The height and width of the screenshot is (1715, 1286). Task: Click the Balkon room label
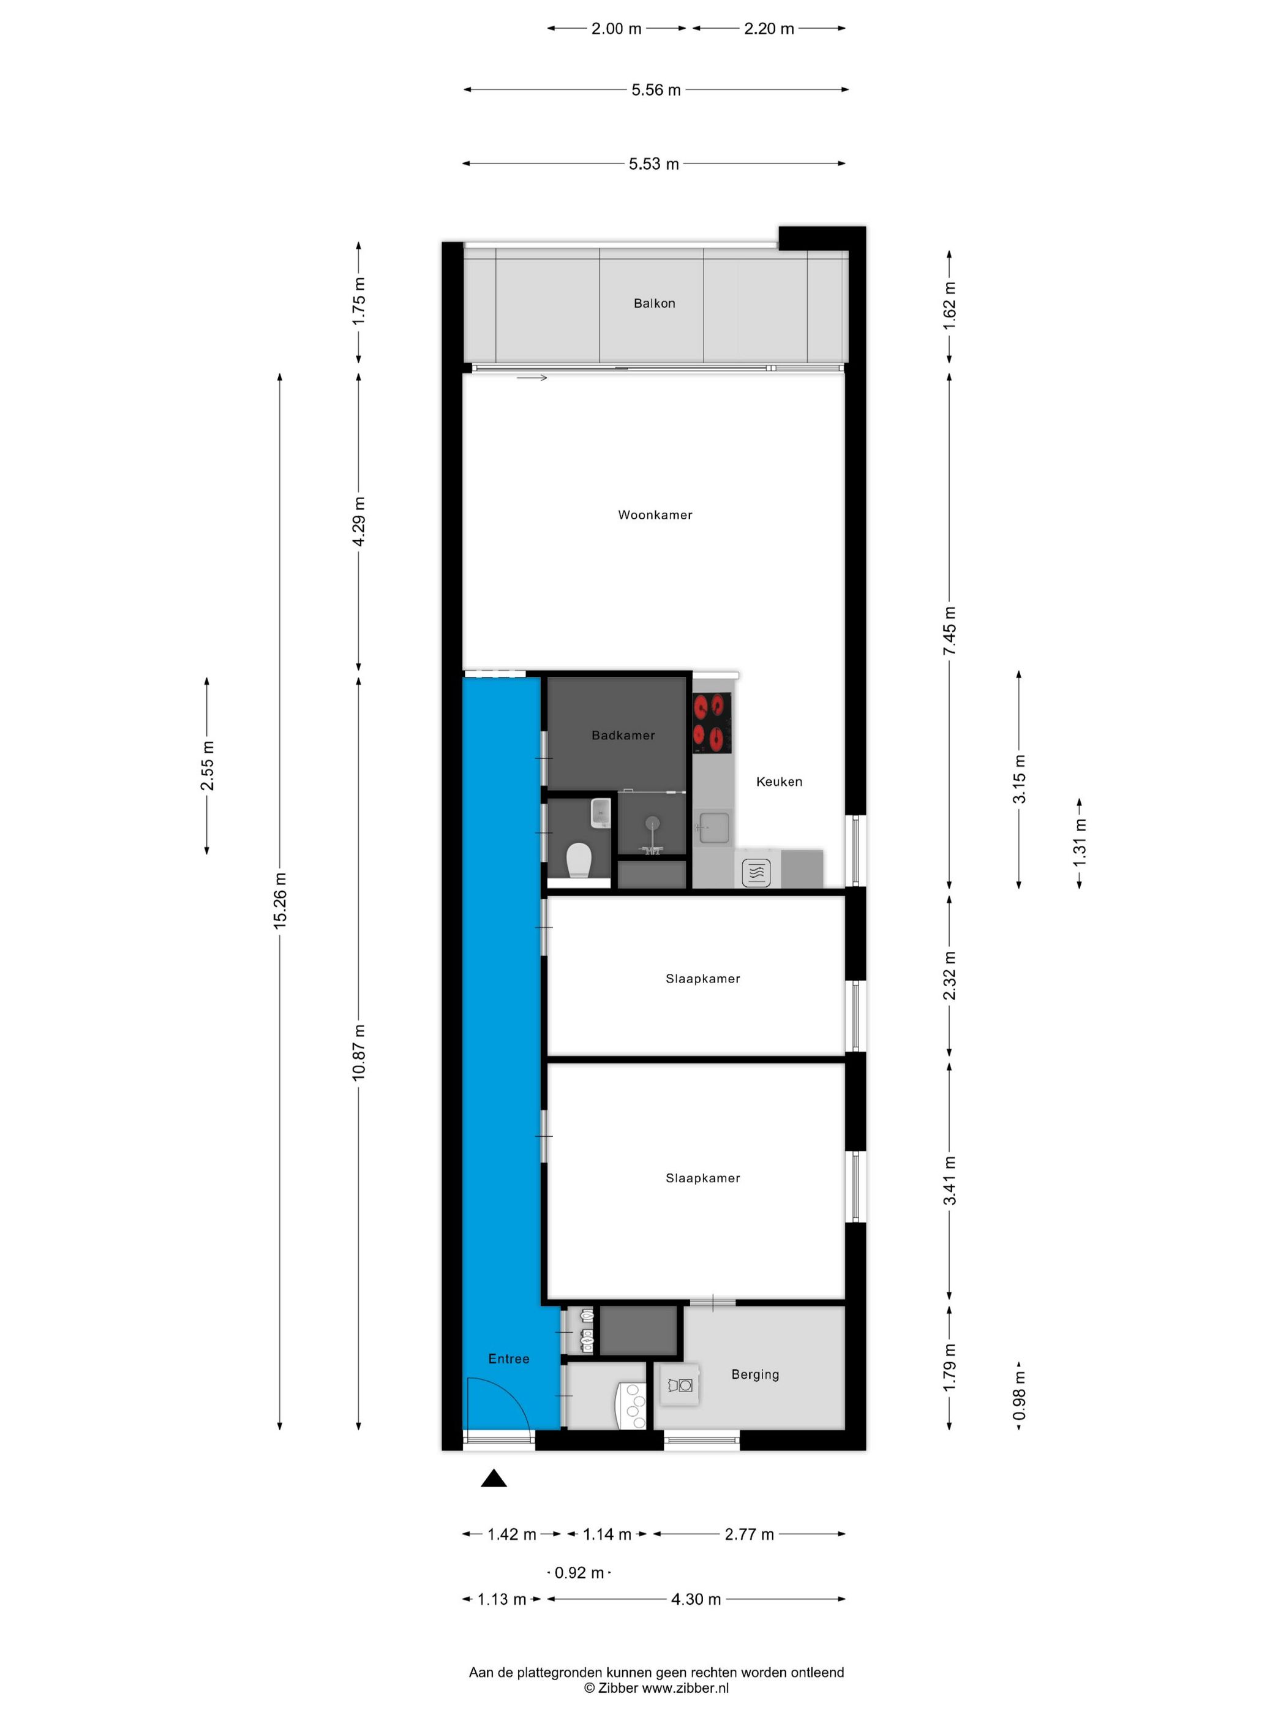[x=653, y=303]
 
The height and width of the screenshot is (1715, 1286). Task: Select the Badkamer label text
[x=622, y=735]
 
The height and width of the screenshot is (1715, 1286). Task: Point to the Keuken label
[x=778, y=782]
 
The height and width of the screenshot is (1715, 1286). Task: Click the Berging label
[x=754, y=1374]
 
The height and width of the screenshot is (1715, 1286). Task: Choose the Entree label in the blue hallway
[x=508, y=1359]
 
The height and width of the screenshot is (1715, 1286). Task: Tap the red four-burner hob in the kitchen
[x=712, y=723]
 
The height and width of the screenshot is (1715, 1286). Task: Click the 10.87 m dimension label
[x=358, y=1053]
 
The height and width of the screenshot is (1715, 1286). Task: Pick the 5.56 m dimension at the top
[x=656, y=90]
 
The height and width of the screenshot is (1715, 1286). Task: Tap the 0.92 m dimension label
[x=579, y=1573]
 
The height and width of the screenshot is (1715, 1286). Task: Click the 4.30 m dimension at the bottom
[x=695, y=1599]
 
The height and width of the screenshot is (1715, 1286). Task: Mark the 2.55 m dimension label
[x=207, y=765]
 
